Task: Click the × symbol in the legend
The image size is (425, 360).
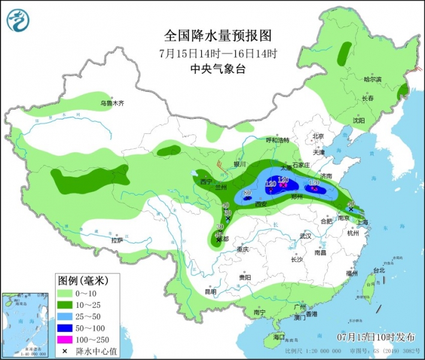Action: (65, 351)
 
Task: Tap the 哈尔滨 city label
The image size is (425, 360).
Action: (372, 79)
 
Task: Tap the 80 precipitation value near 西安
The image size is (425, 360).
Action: (247, 193)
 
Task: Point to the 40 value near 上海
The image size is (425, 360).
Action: (351, 205)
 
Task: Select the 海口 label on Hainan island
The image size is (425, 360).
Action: (279, 337)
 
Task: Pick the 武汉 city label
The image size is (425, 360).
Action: (306, 236)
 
